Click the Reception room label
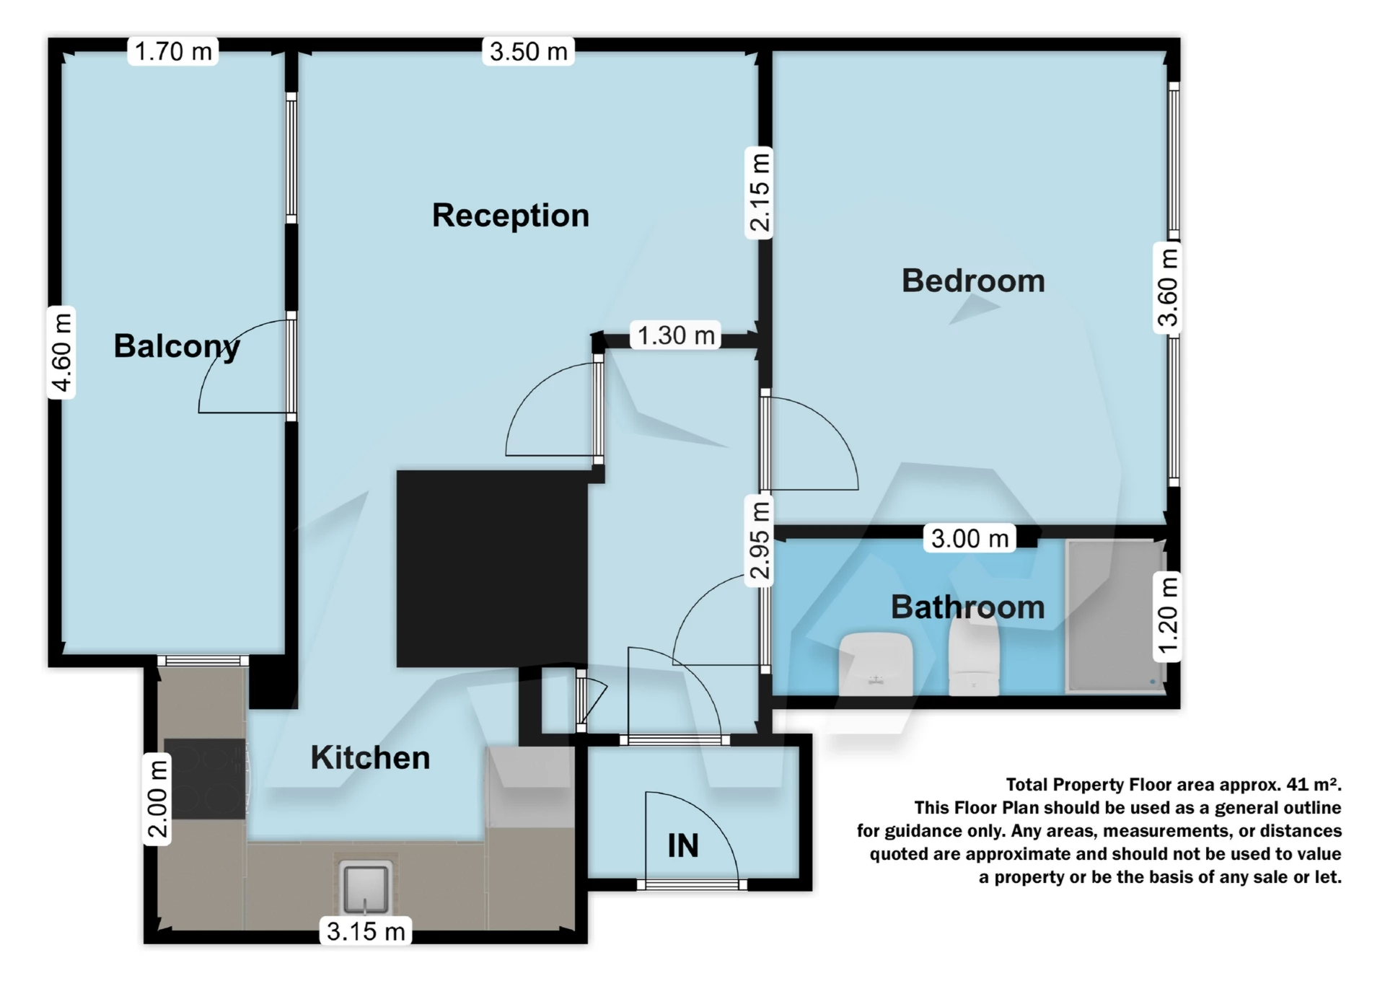coord(510,216)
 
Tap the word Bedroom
coord(972,281)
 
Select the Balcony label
coord(176,346)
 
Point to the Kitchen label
coord(370,757)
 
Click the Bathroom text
coord(967,607)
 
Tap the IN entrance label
coord(682,845)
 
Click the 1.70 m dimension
coord(173,51)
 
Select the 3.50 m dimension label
coord(528,51)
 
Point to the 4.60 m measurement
coord(62,352)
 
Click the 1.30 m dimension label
coord(675,335)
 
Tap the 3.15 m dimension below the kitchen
coord(366,931)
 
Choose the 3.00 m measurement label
coord(969,538)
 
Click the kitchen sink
coord(366,887)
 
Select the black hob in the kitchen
coord(205,778)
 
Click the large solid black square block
coord(492,568)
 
